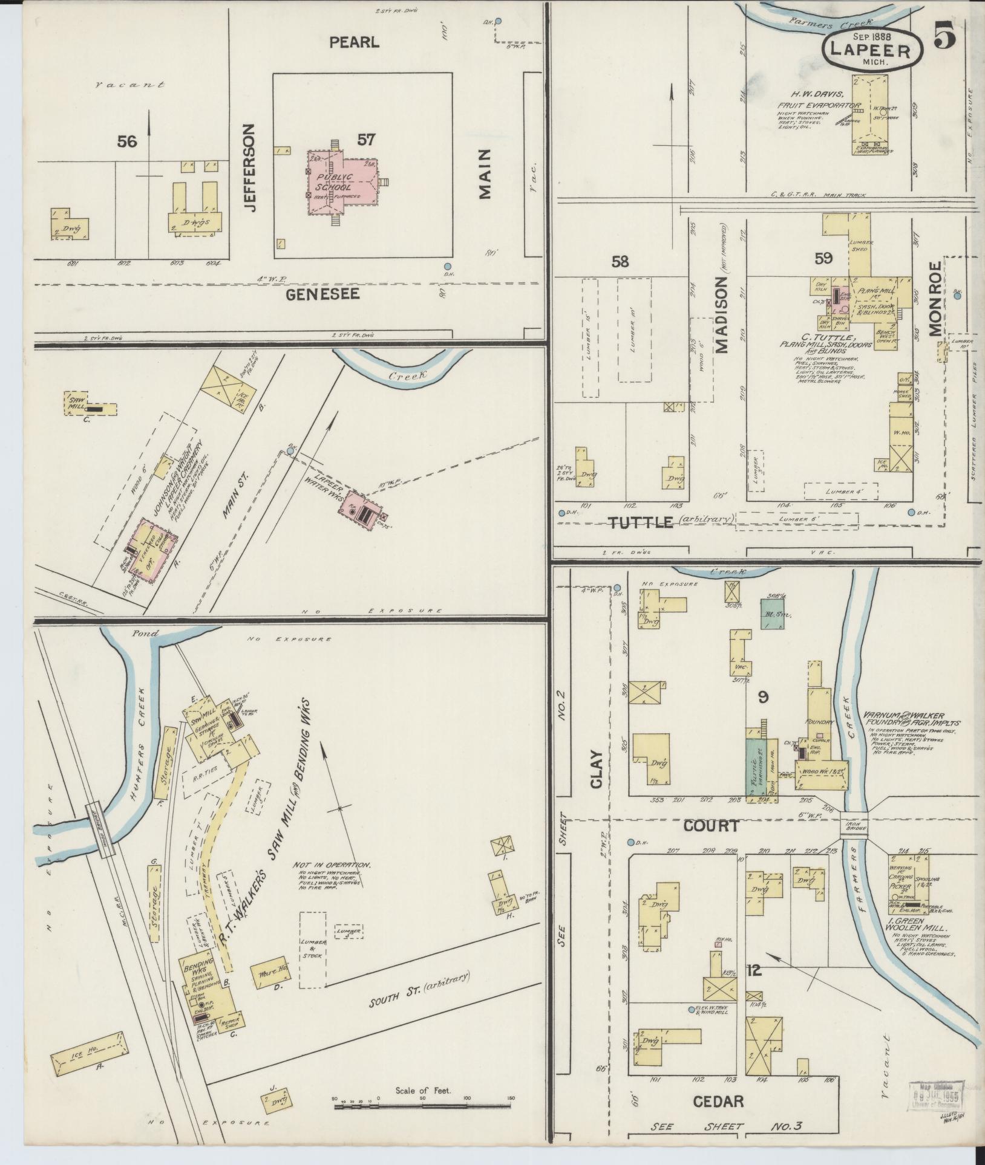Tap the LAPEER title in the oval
[x=872, y=50]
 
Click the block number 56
[x=128, y=141]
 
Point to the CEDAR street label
[x=719, y=1101]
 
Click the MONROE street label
[x=935, y=299]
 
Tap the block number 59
[x=823, y=259]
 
